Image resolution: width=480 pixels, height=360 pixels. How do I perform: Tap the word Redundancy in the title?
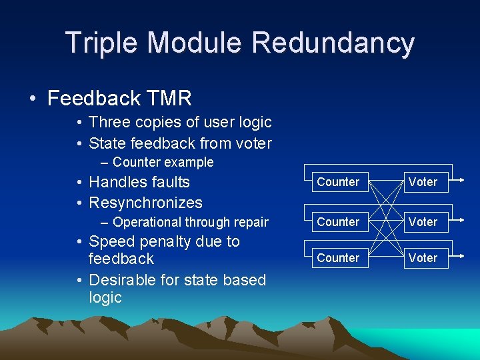point(333,43)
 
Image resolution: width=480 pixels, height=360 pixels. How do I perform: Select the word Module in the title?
point(194,43)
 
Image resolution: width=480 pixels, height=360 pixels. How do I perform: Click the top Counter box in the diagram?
point(338,182)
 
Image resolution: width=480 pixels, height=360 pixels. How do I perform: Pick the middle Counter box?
point(338,222)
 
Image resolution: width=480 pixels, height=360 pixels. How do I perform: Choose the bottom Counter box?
point(338,258)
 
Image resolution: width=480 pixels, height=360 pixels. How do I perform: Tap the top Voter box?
point(423,182)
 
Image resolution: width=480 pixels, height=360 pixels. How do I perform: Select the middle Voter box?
point(423,222)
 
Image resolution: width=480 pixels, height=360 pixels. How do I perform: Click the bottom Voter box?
point(423,258)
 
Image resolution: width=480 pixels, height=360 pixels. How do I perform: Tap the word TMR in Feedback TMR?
point(170,99)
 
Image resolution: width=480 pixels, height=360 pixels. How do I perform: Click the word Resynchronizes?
point(145,203)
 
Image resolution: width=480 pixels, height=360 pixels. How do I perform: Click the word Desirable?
point(121,280)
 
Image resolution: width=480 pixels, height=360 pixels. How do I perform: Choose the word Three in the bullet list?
point(109,122)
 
